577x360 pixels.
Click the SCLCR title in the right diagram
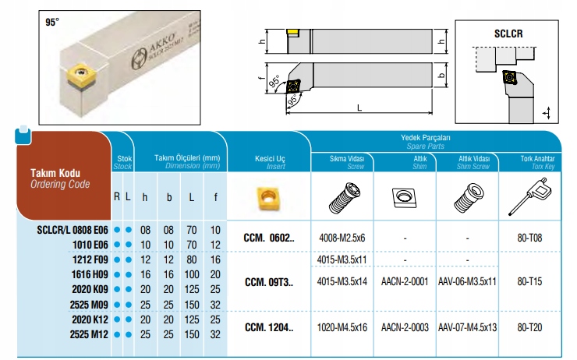508,34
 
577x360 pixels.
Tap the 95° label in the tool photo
52,23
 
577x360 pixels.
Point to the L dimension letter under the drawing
359,108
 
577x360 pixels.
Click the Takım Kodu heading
55,173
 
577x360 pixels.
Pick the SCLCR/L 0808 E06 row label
73,230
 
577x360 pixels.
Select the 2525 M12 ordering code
89,334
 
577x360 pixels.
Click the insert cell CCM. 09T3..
269,282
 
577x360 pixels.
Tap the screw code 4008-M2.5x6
342,238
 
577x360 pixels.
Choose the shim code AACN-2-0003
405,327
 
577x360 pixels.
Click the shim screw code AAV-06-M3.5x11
467,281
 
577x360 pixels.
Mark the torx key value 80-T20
529,327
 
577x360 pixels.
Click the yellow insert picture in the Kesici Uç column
269,198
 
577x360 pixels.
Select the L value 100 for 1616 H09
192,275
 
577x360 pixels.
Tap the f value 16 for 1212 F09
215,259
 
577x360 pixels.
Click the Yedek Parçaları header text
426,137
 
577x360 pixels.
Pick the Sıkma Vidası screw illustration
345,198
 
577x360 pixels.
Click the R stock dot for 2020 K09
117,289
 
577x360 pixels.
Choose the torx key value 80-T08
529,238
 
